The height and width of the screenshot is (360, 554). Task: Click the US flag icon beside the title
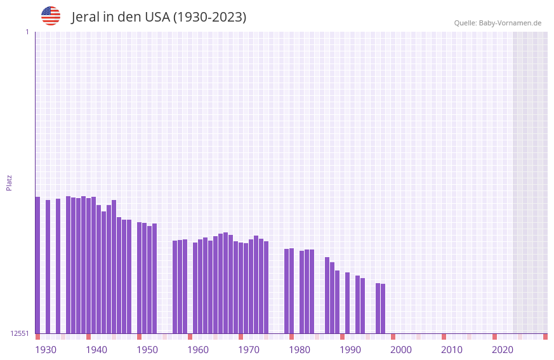coord(51,16)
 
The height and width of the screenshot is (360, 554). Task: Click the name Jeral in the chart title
coord(88,17)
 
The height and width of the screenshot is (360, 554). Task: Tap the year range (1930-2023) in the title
coord(209,17)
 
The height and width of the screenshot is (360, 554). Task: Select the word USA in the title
coord(157,17)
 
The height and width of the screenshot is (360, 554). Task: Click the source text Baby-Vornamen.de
coord(510,23)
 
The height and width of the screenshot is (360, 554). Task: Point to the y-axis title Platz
coord(9,182)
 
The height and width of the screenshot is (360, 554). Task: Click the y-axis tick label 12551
coord(20,333)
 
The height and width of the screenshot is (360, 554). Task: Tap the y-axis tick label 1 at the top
coord(27,32)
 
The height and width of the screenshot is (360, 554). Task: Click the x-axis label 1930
coord(46,349)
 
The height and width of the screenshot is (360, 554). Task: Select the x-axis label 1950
coord(147,349)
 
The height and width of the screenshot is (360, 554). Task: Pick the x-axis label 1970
coord(249,349)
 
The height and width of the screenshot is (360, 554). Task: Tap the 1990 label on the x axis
coord(350,349)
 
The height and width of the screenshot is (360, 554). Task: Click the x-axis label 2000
coord(401,349)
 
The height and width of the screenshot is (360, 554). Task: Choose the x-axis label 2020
coord(503,349)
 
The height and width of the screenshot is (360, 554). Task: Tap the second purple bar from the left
coord(48,267)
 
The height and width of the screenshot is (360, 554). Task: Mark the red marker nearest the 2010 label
coord(444,337)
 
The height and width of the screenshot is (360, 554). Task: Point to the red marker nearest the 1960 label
coord(190,337)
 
